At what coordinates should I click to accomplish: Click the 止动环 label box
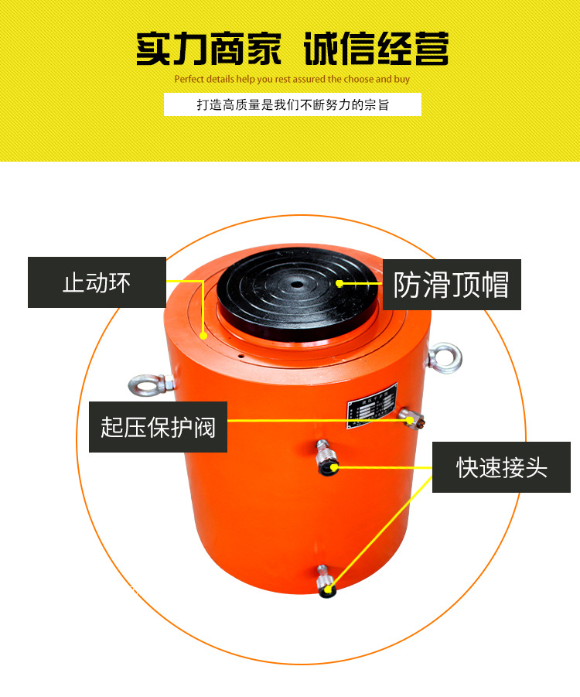point(97,282)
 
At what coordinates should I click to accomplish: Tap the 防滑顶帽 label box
point(452,285)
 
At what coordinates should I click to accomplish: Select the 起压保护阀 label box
point(158,427)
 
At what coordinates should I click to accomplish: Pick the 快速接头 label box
point(502,467)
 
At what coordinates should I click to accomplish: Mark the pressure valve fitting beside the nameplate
point(412,418)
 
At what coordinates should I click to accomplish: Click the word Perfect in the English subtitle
point(189,79)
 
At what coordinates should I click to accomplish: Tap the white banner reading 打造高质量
point(292,104)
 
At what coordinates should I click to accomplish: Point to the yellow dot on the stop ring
point(203,336)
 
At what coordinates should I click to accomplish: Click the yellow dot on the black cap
point(340,283)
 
